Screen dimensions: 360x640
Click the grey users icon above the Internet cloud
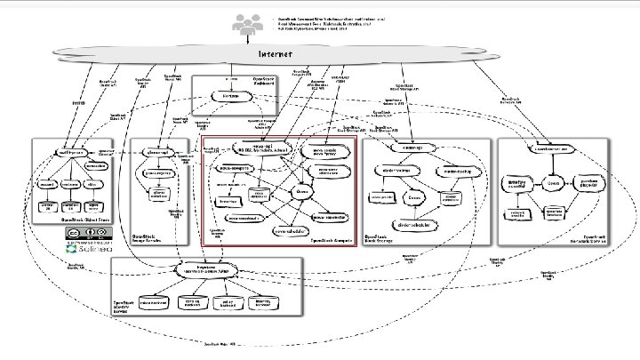coord(244,27)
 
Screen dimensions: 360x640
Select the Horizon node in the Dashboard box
coord(229,94)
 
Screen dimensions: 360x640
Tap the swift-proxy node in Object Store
coord(70,152)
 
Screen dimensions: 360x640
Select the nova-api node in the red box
coord(256,148)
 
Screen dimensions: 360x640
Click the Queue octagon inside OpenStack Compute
coord(301,189)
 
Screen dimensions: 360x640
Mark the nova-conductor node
coord(328,215)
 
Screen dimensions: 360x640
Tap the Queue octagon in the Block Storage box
coord(414,196)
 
